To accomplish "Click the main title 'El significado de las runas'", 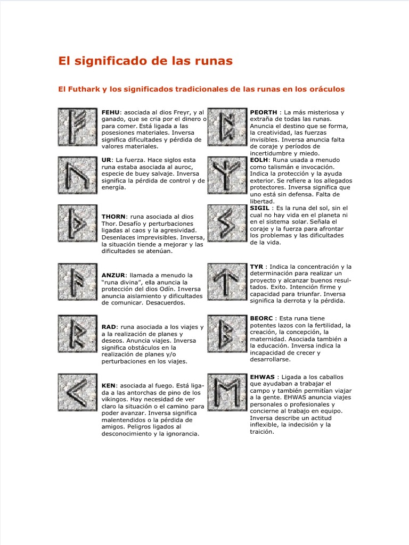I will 145,61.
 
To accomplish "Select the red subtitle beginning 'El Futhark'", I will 201,89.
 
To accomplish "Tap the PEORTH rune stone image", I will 227,127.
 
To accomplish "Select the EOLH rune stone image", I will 227,176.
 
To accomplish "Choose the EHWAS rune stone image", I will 227,394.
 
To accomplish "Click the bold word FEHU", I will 111,112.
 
